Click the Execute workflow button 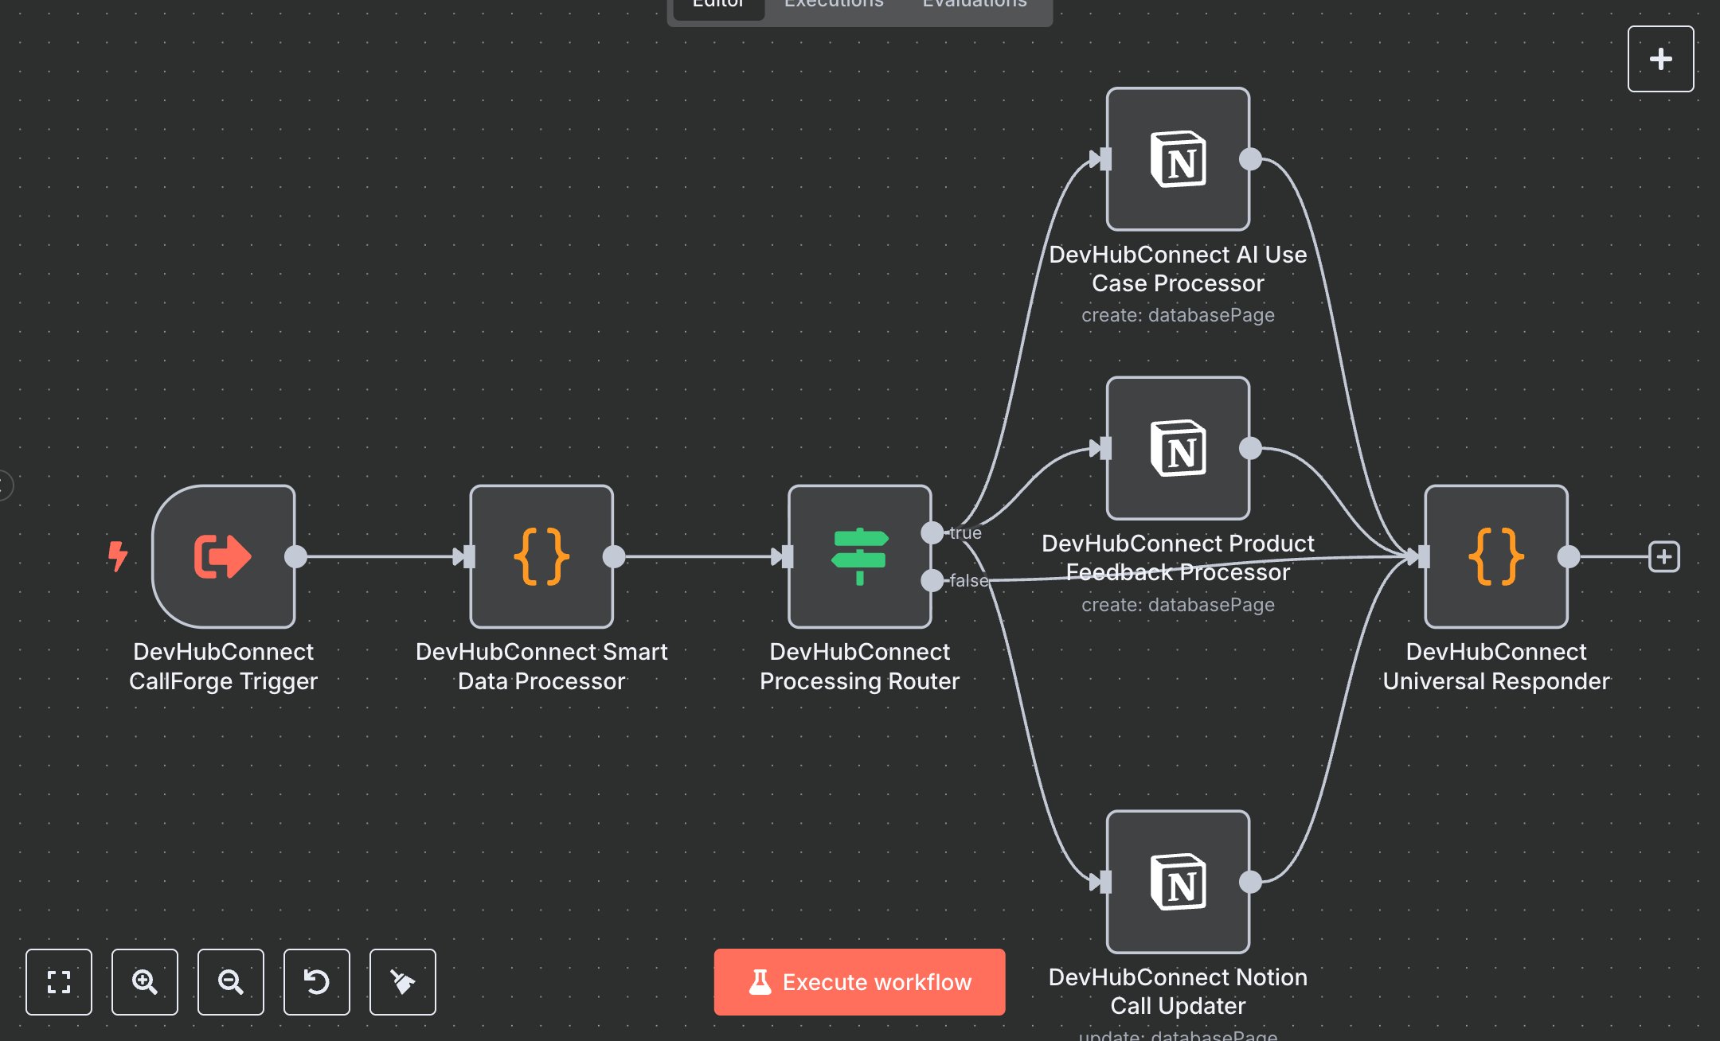(x=859, y=981)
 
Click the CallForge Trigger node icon (x=223, y=556)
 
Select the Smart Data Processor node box (x=541, y=556)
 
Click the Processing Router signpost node (x=859, y=556)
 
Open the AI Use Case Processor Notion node (x=1178, y=159)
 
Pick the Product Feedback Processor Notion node (x=1178, y=448)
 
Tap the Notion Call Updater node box (x=1178, y=882)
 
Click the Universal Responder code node (x=1495, y=556)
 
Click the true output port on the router (x=932, y=532)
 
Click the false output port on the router (x=932, y=580)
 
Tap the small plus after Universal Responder (x=1663, y=556)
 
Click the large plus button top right (x=1660, y=59)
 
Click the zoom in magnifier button (x=144, y=981)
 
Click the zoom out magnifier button (x=230, y=981)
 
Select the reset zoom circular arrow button (x=316, y=981)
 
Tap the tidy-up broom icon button (x=402, y=981)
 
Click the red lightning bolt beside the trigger (x=118, y=556)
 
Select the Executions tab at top (x=834, y=4)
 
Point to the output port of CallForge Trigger (x=295, y=556)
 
